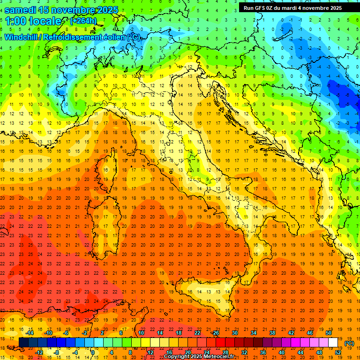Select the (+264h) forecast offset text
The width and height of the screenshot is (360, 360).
pyautogui.click(x=83, y=21)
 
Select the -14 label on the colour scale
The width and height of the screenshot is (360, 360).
pyautogui.click(x=30, y=333)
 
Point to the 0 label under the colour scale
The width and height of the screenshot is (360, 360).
pyautogui.click(x=93, y=352)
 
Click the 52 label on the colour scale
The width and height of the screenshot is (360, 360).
pyautogui.click(x=338, y=352)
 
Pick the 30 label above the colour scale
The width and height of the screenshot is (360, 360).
pyautogui.click(x=234, y=333)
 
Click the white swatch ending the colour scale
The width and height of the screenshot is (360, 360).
pyautogui.click(x=333, y=343)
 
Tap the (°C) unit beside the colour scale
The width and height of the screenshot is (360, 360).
pyautogui.click(x=349, y=343)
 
